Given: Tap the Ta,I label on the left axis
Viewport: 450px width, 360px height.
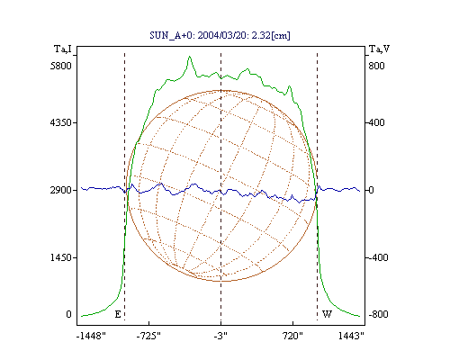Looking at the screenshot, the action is tap(63, 49).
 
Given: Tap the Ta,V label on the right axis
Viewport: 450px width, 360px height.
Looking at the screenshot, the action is tap(379, 49).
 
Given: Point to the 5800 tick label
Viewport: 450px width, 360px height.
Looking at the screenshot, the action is tap(61, 66).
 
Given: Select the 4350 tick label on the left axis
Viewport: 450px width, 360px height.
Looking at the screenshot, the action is tap(61, 122).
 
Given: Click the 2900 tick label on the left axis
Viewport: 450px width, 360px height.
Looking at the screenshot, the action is tap(61, 190).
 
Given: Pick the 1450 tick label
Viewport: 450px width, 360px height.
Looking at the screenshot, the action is tap(61, 257).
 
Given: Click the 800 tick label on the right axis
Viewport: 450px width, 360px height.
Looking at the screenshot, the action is tap(376, 66).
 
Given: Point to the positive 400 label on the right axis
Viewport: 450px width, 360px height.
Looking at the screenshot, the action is tap(376, 122).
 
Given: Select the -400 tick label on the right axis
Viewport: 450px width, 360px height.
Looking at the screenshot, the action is tap(378, 257).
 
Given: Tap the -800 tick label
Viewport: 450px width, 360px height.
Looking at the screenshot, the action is tap(378, 314).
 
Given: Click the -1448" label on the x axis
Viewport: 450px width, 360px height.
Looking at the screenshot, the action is tap(91, 336).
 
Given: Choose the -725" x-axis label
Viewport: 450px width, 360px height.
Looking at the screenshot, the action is tap(148, 336).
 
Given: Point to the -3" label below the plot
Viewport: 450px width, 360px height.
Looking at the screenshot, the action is tap(220, 336).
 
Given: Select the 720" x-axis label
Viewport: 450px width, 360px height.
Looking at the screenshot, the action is tap(292, 336).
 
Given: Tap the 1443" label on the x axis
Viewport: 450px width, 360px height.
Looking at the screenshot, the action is tap(351, 336).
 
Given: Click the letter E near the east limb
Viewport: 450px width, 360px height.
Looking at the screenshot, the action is tap(118, 314).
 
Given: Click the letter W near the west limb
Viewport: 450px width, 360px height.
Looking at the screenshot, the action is tap(327, 314).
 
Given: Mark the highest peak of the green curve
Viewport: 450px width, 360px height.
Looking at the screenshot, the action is tap(189, 57).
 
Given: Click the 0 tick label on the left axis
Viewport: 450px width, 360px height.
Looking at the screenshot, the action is tap(68, 314).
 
